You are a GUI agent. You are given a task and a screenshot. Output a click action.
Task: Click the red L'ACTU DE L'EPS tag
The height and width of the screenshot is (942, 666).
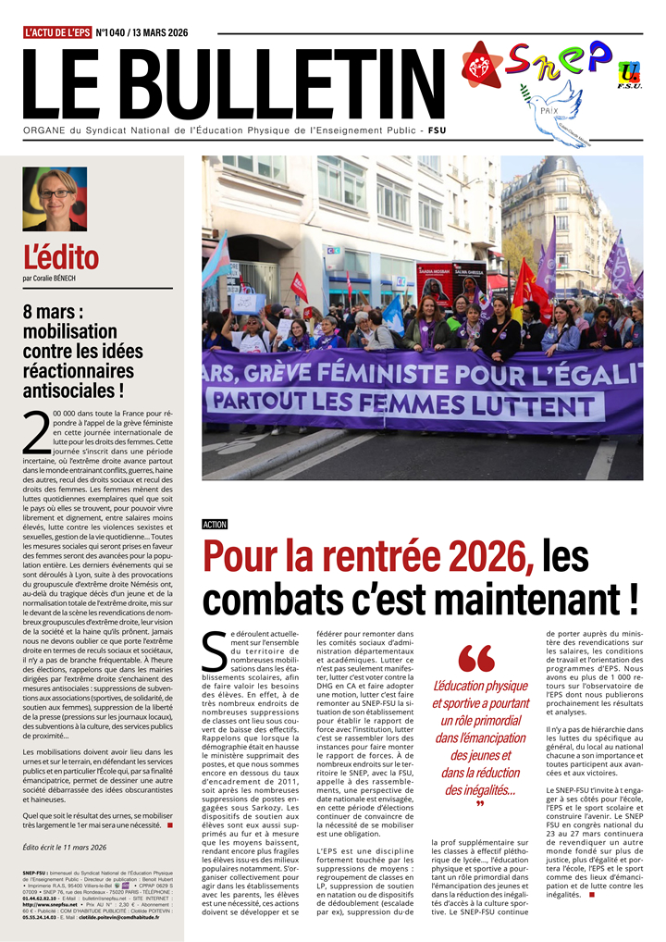57,32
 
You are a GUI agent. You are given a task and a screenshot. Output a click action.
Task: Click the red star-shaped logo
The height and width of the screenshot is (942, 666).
482,65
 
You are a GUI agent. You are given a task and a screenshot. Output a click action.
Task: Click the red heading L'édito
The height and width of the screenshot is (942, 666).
60,256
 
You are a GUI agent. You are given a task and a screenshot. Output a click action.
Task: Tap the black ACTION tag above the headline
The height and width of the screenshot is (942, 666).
215,525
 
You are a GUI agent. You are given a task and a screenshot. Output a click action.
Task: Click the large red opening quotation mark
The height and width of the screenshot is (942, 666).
476,659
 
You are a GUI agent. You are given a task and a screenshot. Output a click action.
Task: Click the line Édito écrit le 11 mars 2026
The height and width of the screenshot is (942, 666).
65,847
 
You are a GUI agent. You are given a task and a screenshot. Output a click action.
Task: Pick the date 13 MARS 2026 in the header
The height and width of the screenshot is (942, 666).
159,32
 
